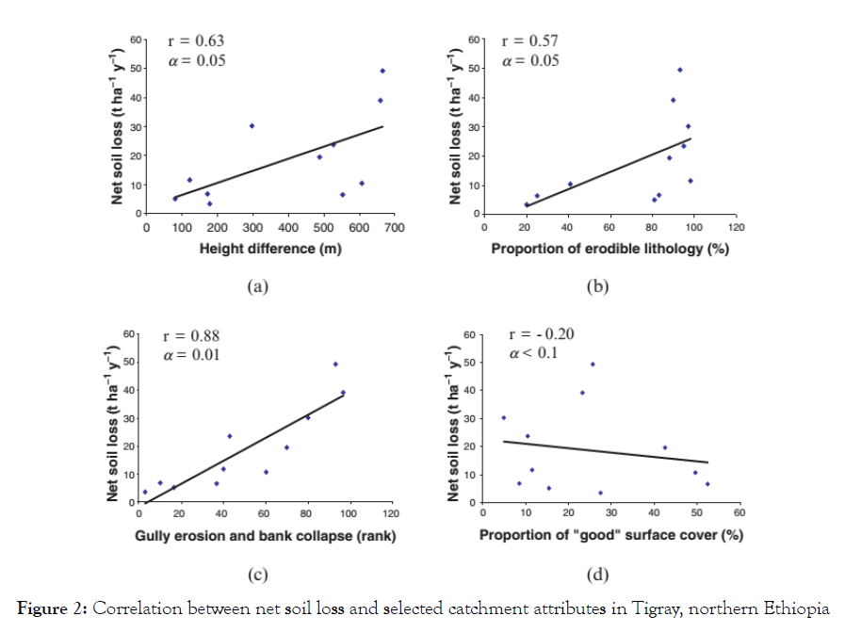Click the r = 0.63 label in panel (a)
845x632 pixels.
tap(195, 41)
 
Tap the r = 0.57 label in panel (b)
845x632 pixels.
tap(530, 41)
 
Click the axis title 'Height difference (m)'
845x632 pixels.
tap(270, 249)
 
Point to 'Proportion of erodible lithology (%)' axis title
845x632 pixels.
tap(610, 249)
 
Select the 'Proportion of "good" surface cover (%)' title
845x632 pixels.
tap(610, 536)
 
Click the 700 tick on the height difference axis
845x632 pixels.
tap(394, 228)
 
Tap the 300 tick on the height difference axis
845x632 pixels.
tap(252, 228)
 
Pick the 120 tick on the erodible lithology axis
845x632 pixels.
tap(736, 228)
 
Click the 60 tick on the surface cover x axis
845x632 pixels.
tap(739, 513)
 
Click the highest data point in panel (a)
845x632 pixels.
tap(382, 71)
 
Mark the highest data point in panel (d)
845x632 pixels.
tap(593, 365)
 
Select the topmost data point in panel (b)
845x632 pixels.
tap(680, 70)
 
